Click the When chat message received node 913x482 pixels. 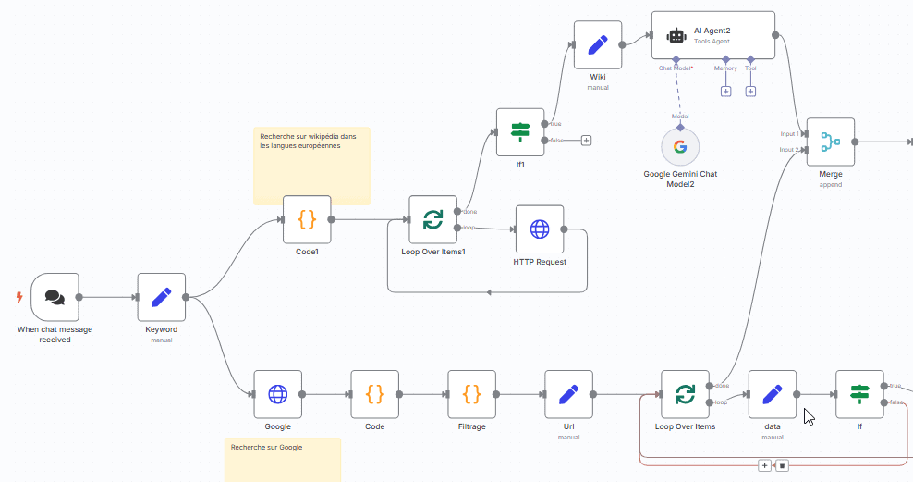55,297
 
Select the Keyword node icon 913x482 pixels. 162,297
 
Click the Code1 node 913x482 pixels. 307,219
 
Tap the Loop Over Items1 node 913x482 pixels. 432,219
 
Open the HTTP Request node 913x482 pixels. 539,229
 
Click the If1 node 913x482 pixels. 520,132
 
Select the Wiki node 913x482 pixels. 597,44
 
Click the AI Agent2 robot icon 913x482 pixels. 676,36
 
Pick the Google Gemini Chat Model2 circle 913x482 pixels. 680,146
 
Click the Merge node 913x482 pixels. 830,142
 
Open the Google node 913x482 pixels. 277,394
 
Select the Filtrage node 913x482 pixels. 471,394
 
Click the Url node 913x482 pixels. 568,394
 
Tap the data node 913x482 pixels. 772,394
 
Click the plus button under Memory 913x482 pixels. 725,91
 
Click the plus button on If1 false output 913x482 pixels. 586,141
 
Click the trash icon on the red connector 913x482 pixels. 782,465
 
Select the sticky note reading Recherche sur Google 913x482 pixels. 282,459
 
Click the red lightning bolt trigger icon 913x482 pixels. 19,297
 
